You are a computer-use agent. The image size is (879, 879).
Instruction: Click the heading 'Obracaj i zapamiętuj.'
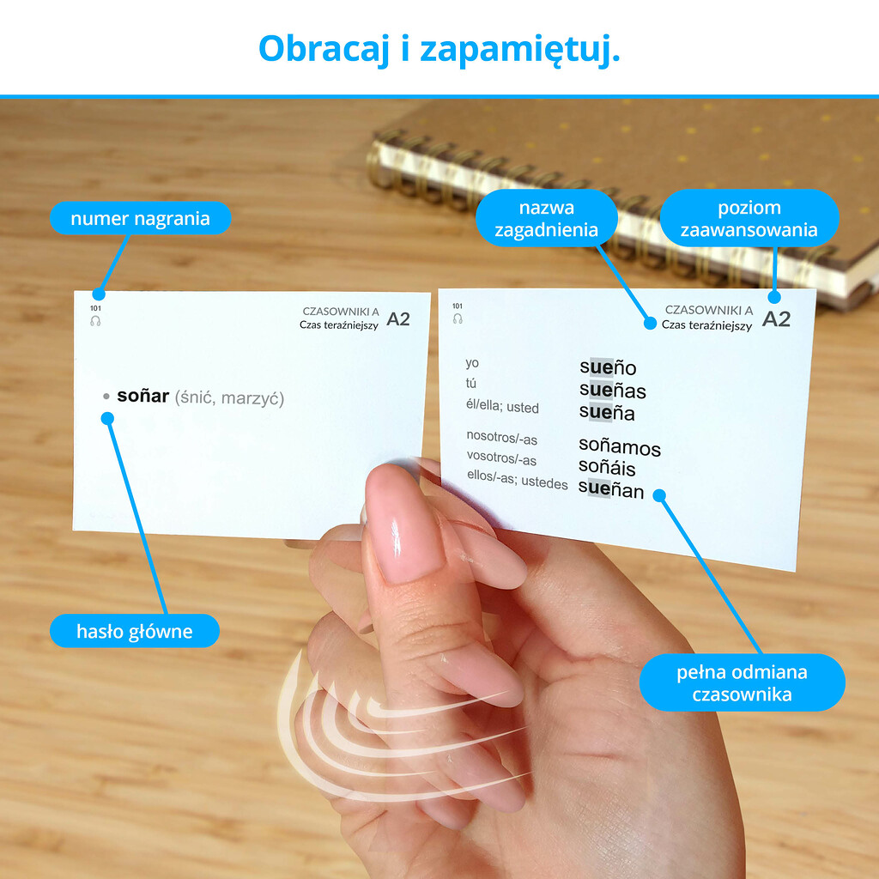click(x=439, y=49)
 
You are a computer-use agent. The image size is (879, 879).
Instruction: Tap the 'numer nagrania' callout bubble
click(x=140, y=218)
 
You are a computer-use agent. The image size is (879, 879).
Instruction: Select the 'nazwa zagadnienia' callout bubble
click(x=547, y=218)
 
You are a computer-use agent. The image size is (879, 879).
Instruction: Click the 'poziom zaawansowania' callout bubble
click(x=749, y=218)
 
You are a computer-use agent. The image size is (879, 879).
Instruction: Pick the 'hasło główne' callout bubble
click(x=135, y=631)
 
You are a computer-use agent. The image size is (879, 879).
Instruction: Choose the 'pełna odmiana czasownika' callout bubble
click(x=742, y=682)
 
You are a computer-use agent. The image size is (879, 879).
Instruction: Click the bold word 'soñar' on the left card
click(x=143, y=396)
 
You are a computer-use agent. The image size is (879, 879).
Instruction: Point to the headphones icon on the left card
click(x=96, y=321)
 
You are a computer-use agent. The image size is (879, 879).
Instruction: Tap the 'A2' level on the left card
click(x=398, y=319)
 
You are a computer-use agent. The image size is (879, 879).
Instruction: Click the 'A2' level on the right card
click(x=776, y=319)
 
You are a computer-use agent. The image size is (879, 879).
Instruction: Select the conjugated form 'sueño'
click(x=608, y=367)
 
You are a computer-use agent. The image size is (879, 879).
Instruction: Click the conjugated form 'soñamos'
click(x=620, y=446)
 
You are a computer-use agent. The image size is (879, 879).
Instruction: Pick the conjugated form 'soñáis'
click(x=607, y=467)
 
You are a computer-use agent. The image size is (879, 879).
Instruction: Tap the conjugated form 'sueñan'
click(x=611, y=489)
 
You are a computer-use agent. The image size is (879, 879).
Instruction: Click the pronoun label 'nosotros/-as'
click(x=501, y=437)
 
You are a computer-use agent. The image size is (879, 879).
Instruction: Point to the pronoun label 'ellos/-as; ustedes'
click(x=517, y=480)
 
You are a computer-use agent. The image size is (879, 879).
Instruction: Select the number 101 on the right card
click(x=458, y=306)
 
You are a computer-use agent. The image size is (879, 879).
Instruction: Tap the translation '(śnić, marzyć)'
click(x=229, y=398)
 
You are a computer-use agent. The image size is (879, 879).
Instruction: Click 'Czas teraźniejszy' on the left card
click(x=338, y=325)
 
